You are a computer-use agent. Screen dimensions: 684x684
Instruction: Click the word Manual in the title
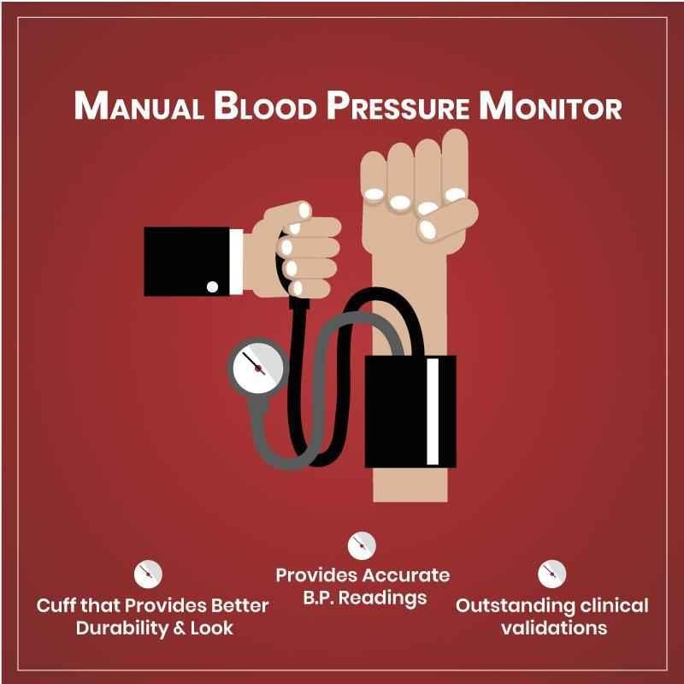tap(139, 105)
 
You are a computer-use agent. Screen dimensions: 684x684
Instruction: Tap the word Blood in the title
tap(265, 105)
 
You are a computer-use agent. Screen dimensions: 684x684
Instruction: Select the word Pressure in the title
tap(398, 105)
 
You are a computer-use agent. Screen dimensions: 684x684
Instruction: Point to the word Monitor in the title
tap(551, 105)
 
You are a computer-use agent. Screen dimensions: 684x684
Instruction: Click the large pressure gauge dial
tap(258, 368)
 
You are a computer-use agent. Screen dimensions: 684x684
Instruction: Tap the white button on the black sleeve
tap(212, 286)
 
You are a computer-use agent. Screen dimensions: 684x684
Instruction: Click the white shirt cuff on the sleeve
tap(236, 262)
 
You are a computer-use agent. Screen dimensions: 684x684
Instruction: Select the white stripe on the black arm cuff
tap(433, 411)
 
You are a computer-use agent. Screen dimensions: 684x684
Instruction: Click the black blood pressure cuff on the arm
tap(410, 411)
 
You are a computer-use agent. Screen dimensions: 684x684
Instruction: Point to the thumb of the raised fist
tap(447, 221)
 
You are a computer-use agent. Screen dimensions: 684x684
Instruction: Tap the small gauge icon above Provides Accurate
tap(362, 545)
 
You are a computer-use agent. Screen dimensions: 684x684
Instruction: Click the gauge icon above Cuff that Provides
tap(148, 574)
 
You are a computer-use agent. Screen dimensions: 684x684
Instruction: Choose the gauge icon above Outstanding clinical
tap(551, 574)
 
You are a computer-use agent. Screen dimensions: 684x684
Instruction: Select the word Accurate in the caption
tap(409, 575)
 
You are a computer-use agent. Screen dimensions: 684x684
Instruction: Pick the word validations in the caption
tap(554, 628)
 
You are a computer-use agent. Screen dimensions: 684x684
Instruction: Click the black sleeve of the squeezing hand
tap(186, 262)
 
